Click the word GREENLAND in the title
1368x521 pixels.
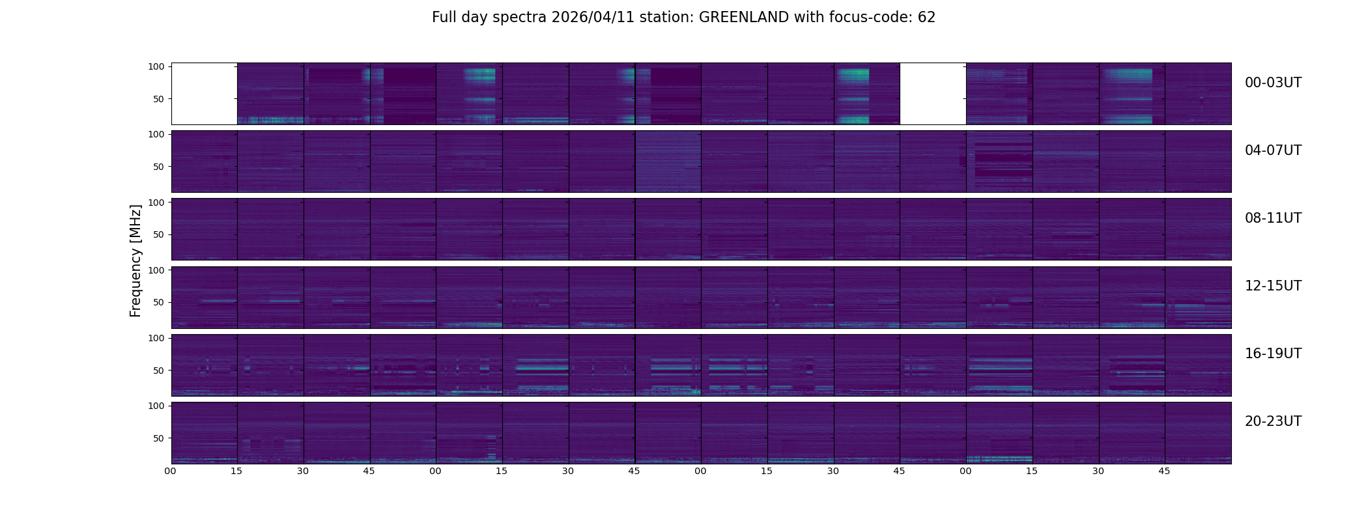coord(744,18)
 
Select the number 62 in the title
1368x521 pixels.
coord(926,18)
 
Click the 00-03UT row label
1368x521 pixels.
coord(1273,83)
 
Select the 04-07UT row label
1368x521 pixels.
coord(1273,150)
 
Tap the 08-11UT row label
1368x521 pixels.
coord(1273,218)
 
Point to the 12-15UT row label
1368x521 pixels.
coord(1273,286)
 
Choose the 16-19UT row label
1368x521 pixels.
coord(1273,354)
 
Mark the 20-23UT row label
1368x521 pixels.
coord(1273,421)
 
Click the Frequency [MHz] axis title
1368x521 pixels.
coord(135,260)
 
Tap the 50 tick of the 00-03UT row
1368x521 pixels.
coord(158,99)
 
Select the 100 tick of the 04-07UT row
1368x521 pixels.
coord(156,134)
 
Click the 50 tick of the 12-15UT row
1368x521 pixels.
coord(158,302)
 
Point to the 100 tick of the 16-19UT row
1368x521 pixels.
coord(156,338)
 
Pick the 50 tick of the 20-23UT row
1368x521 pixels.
coord(158,438)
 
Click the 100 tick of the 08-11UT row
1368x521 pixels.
coord(156,203)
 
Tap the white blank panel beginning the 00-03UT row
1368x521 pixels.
coord(204,93)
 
